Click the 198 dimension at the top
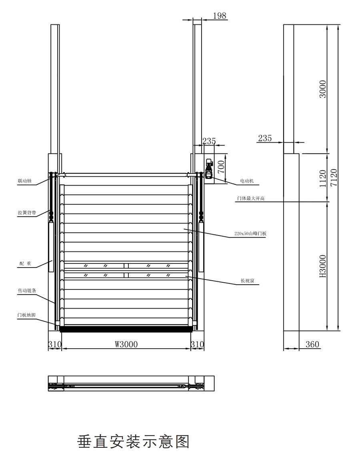click(219, 16)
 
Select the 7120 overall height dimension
click(334, 178)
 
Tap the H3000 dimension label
click(323, 266)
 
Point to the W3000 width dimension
click(126, 344)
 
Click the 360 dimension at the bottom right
click(312, 344)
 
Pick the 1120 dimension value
click(323, 178)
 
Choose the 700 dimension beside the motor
click(221, 166)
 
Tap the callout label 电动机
click(247, 181)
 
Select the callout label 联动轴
click(25, 181)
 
